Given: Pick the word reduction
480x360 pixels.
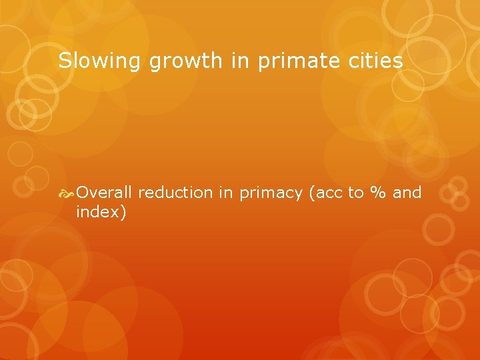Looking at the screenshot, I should pos(175,193).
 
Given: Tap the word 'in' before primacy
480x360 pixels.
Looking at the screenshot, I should pos(226,193).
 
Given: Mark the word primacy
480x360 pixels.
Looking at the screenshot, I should pos(270,193).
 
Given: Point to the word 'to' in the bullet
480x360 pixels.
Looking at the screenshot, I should pos(356,193).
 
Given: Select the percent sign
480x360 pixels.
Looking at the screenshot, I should pos(379,193).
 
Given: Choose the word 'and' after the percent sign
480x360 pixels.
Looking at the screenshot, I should pos(407,193).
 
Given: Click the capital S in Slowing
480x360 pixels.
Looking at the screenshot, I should pos(64,61).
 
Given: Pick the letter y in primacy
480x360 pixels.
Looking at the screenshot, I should pos(301,195).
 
